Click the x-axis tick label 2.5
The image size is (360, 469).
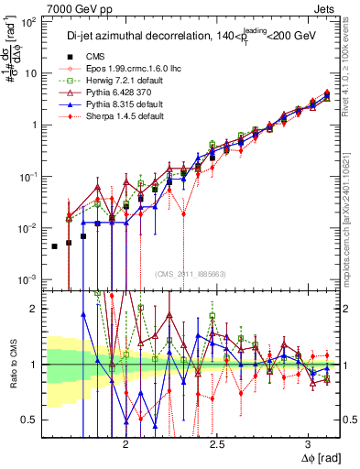(x=217, y=442)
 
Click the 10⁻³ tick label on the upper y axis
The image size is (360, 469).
(x=28, y=279)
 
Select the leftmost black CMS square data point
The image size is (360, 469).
(x=54, y=246)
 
